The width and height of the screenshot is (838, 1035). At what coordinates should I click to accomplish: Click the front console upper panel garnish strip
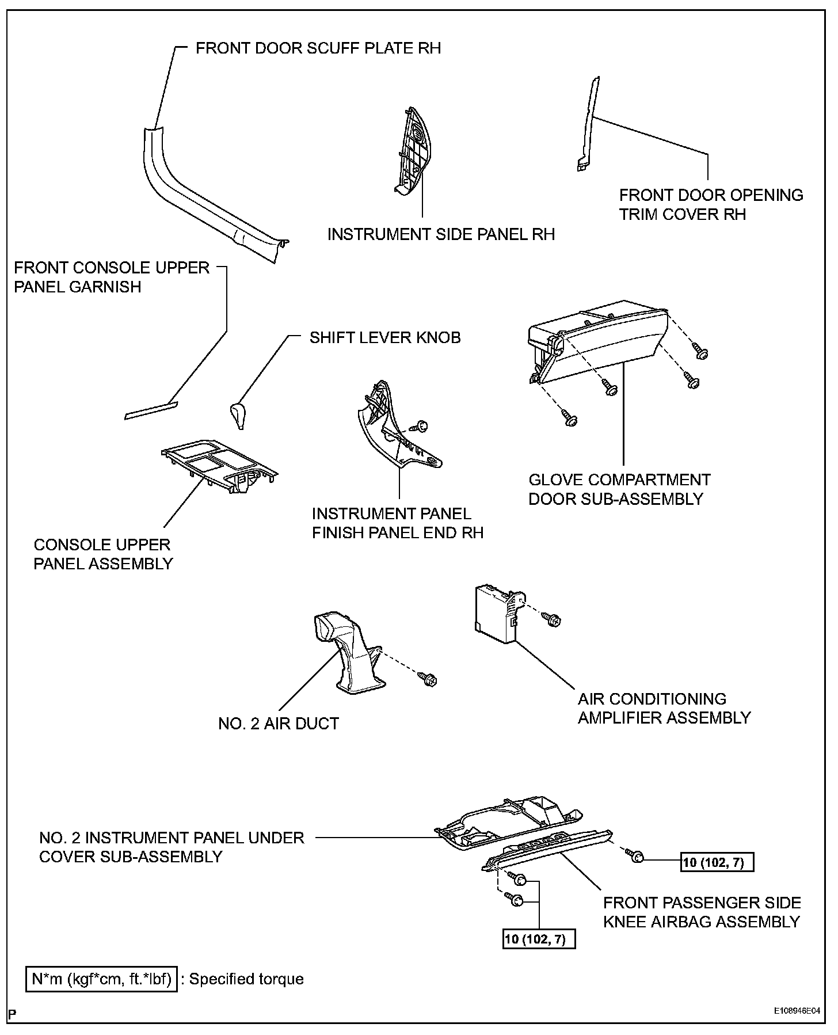(151, 409)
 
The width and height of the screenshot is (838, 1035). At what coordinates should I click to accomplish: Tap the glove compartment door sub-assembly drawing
(599, 346)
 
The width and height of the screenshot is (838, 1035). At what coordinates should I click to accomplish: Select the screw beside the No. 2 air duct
(429, 679)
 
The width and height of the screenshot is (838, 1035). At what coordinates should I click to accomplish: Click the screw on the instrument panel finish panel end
(422, 427)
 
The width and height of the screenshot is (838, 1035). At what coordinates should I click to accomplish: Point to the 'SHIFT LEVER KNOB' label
(385, 337)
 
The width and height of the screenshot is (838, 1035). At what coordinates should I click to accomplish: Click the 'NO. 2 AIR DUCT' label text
(279, 723)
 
